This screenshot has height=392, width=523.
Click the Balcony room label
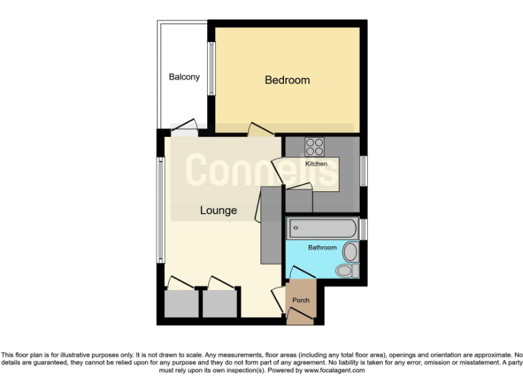tap(184, 77)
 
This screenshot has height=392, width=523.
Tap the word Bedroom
tap(287, 80)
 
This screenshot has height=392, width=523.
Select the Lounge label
tap(218, 210)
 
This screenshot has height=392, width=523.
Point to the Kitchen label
tap(316, 164)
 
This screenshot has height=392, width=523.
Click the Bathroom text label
tap(322, 248)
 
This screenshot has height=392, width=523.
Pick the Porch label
tap(300, 300)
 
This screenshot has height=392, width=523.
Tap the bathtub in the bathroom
tap(321, 228)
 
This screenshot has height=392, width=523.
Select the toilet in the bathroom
tap(345, 271)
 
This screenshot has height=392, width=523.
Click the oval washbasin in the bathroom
tap(351, 252)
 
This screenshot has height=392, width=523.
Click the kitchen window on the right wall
tap(364, 171)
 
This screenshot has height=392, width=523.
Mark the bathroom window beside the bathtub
tap(364, 229)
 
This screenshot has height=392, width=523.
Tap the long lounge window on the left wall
tap(161, 209)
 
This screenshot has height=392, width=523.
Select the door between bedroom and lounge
tap(258, 129)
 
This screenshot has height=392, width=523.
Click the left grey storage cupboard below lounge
tap(180, 304)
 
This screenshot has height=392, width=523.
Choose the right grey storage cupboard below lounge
tap(219, 304)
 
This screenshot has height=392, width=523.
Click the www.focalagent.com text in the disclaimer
tap(334, 371)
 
